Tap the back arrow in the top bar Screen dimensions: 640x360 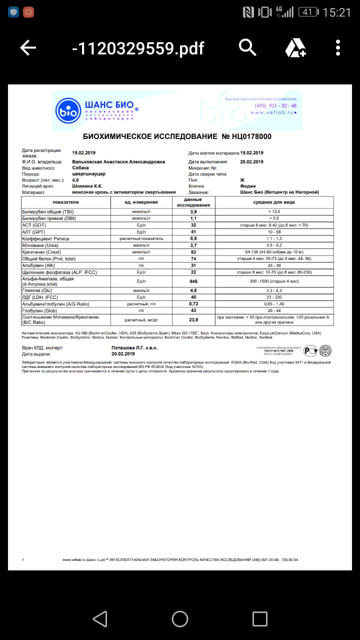28,48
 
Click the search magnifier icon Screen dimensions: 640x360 247,47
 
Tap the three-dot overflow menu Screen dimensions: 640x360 338,48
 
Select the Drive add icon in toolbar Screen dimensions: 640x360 295,48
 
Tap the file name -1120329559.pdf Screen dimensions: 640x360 138,48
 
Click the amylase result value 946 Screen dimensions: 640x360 193,281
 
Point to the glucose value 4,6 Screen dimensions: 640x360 193,290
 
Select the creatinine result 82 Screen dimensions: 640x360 193,252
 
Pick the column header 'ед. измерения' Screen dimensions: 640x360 141,202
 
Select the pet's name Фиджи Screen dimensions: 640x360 248,186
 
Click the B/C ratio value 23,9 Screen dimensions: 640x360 193,319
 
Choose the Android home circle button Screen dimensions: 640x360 180,619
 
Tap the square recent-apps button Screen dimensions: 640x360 259,619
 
